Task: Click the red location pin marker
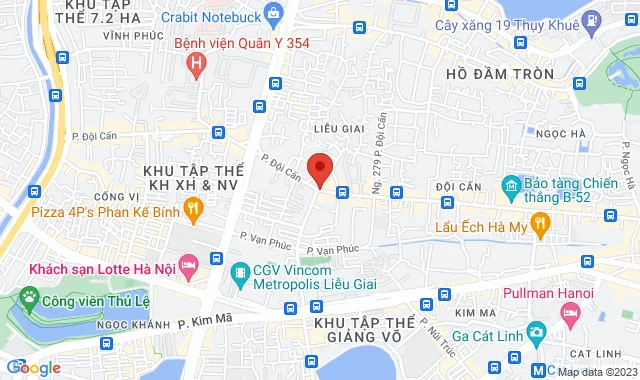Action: (319, 169)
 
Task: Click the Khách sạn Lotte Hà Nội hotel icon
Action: (217, 261)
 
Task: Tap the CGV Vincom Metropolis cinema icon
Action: (240, 272)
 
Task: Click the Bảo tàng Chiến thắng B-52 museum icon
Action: (511, 185)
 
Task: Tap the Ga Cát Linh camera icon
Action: (536, 331)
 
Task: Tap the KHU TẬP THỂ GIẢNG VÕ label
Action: (361, 334)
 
